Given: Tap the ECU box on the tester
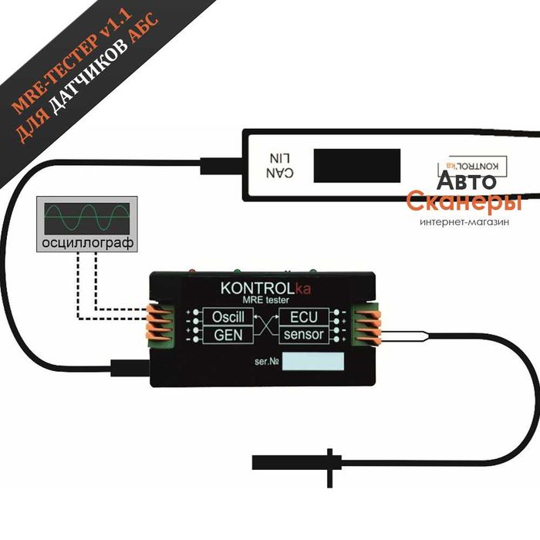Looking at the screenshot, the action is (304, 316).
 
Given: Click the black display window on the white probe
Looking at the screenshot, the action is (356, 165).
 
